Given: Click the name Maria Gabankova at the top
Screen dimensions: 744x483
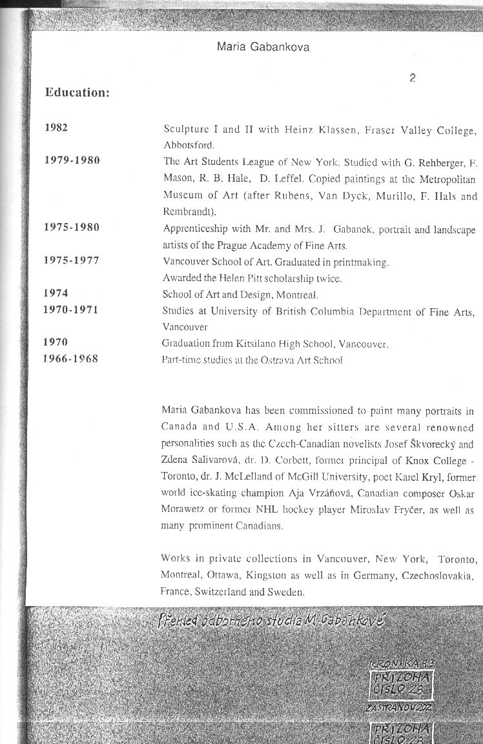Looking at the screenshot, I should (263, 47).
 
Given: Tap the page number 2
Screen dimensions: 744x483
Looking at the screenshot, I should (412, 79).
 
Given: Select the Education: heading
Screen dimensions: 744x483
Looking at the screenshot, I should (77, 93).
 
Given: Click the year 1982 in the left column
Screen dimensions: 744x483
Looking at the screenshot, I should (56, 128).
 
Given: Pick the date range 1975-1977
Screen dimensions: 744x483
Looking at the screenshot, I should (71, 261).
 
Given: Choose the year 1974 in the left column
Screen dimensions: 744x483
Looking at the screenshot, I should (56, 293).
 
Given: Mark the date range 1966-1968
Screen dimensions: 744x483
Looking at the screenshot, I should (70, 358).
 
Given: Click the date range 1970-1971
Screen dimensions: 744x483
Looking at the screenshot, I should (70, 310).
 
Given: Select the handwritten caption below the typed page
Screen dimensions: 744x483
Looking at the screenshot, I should (271, 622).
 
